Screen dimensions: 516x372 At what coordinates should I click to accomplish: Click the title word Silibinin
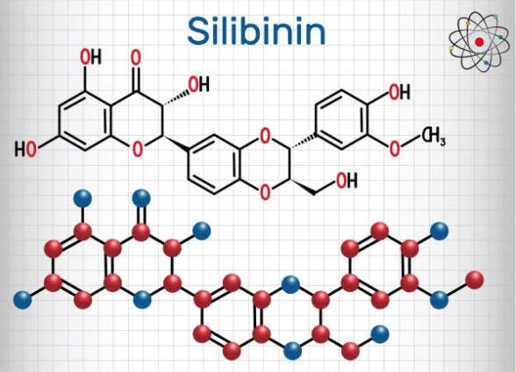click(256, 32)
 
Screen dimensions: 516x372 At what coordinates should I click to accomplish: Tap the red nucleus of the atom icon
click(479, 42)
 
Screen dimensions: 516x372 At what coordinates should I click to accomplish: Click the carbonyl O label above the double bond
click(135, 58)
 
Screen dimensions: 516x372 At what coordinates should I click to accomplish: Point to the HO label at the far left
click(25, 149)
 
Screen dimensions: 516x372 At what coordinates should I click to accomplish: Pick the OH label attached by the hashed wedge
click(198, 84)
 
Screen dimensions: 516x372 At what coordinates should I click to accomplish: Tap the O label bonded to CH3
click(394, 148)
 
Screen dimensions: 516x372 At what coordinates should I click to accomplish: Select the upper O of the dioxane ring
click(265, 136)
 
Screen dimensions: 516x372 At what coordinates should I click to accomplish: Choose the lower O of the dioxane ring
click(265, 192)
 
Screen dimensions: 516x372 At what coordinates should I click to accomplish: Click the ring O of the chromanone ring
click(138, 149)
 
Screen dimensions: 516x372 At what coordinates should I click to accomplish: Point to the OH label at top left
click(91, 57)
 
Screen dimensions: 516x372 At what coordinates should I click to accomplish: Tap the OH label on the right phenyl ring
click(399, 92)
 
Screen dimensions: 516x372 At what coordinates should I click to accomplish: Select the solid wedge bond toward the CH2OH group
click(302, 187)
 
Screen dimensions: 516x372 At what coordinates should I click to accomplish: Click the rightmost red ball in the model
click(475, 280)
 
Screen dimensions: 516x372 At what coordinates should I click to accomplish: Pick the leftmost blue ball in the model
click(23, 300)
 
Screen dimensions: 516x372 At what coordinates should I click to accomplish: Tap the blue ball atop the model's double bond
click(141, 198)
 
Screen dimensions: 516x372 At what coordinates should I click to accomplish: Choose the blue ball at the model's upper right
click(440, 231)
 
